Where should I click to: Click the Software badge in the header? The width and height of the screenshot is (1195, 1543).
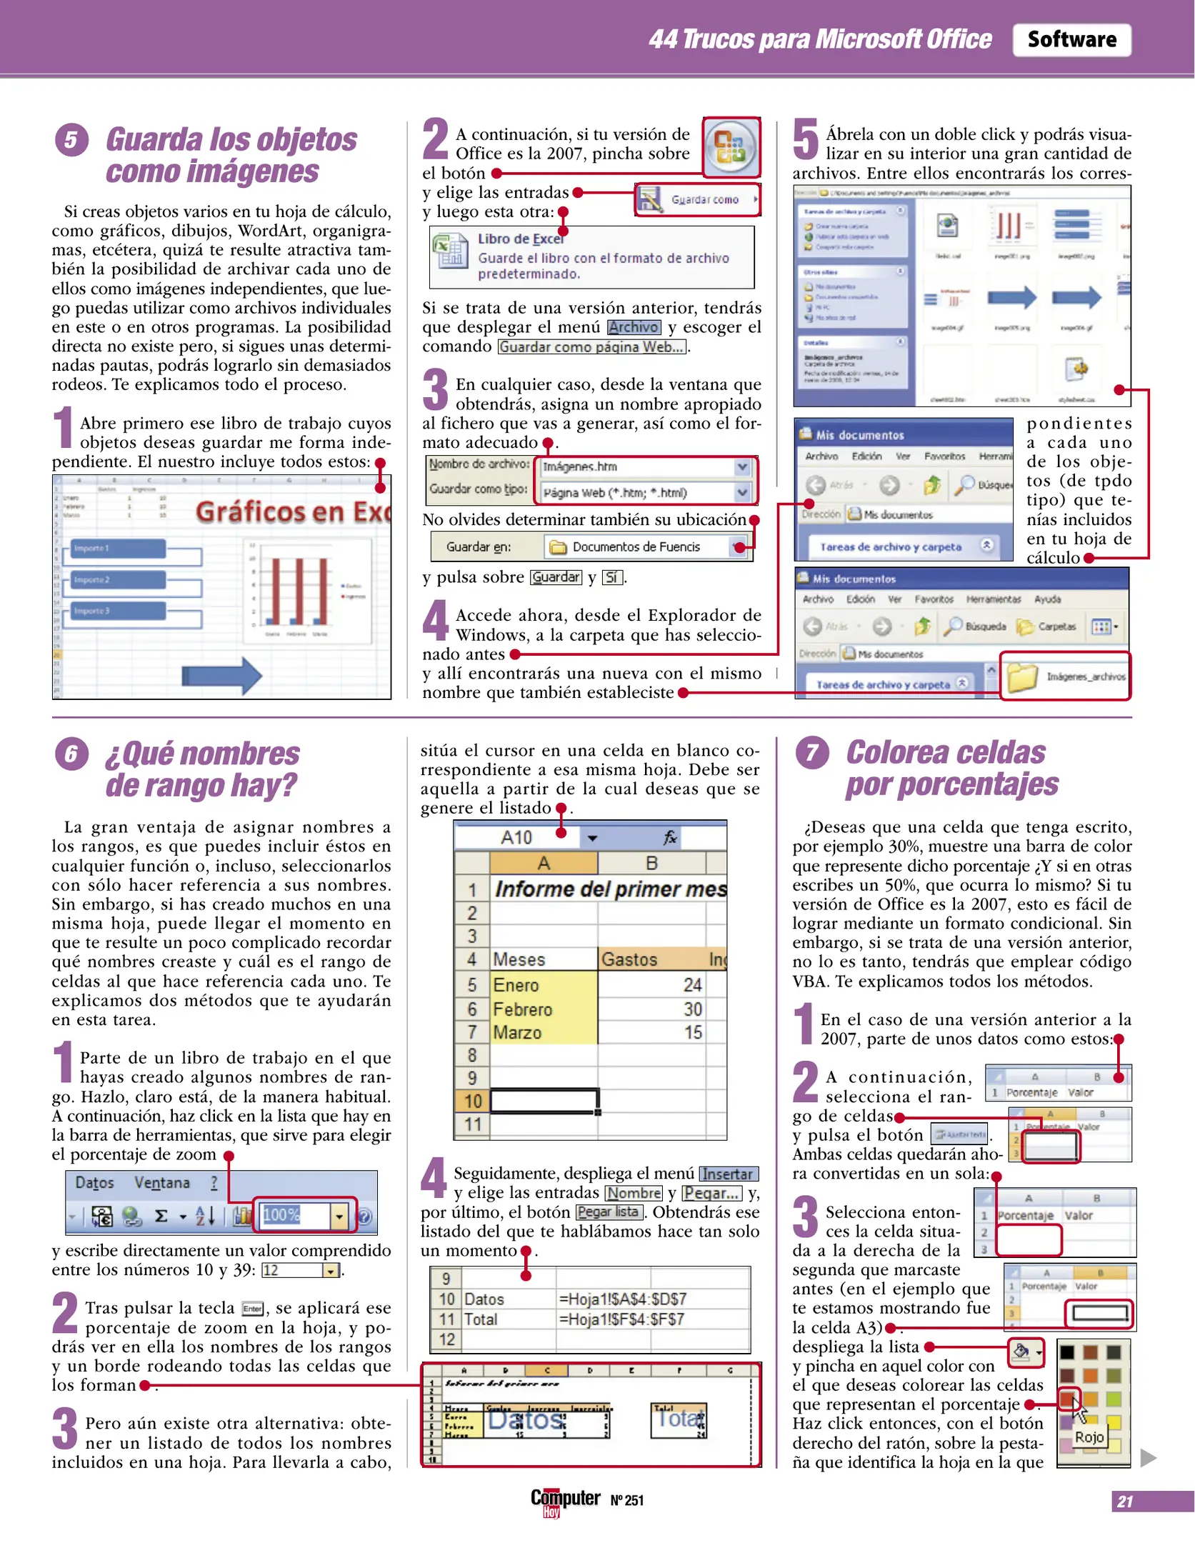click(x=1071, y=39)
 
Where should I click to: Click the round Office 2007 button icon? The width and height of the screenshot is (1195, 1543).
click(x=730, y=147)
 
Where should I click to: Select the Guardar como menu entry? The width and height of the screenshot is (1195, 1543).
click(x=704, y=200)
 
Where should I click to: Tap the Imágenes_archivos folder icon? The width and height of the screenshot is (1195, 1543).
click(x=1022, y=676)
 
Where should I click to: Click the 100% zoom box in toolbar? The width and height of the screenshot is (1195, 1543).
click(x=294, y=1214)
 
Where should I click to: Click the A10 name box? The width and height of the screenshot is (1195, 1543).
click(x=516, y=837)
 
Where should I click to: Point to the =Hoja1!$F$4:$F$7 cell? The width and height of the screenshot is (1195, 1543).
click(x=621, y=1319)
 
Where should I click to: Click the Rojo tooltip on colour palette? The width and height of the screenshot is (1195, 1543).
click(x=1089, y=1437)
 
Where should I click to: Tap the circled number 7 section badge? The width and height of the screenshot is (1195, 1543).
click(x=812, y=753)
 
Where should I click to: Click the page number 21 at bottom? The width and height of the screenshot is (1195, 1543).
click(x=1125, y=1501)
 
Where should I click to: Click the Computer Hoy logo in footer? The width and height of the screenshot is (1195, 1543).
click(x=564, y=1500)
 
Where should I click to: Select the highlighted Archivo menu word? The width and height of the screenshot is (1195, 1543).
click(x=634, y=327)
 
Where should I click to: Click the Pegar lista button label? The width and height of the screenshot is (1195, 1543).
click(x=608, y=1212)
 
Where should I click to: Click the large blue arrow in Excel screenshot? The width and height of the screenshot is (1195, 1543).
click(x=221, y=674)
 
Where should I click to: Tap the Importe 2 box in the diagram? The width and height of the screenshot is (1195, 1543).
click(x=119, y=579)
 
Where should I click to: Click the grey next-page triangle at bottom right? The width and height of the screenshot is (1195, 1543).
click(x=1148, y=1457)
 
